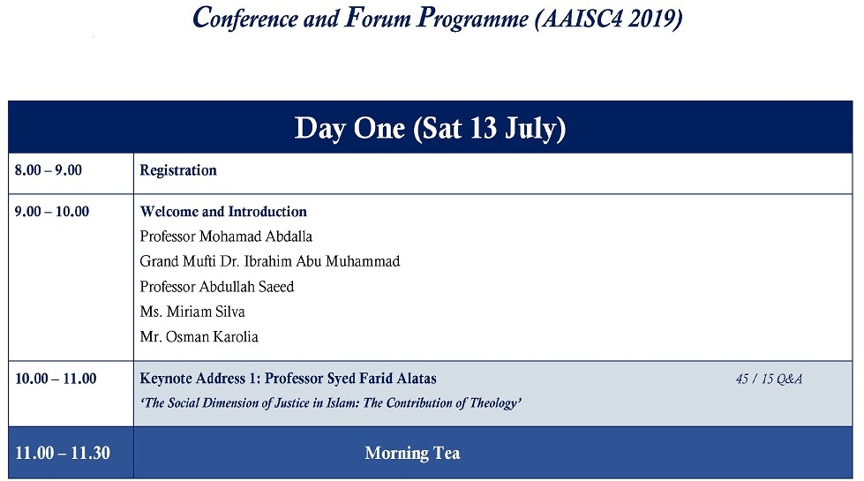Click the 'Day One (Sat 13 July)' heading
coord(430,129)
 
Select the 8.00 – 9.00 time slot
coord(48,170)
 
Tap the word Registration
coord(178,171)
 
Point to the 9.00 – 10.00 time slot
coord(52,212)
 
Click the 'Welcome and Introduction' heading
coord(223,212)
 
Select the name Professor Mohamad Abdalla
coord(226,237)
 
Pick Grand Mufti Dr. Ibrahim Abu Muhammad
coord(269,261)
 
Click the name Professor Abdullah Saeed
coord(216,287)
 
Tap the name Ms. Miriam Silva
coord(192,312)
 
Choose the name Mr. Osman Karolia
coord(199,336)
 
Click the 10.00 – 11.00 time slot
coord(56,379)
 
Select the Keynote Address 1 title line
coord(289,379)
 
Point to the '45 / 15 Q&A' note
coord(770,380)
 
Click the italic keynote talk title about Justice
coord(331,403)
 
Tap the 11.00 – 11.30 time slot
coord(63,453)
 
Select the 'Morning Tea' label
coord(412,453)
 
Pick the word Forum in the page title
coord(378,18)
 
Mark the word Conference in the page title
coord(245,18)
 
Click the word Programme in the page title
coord(473,19)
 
